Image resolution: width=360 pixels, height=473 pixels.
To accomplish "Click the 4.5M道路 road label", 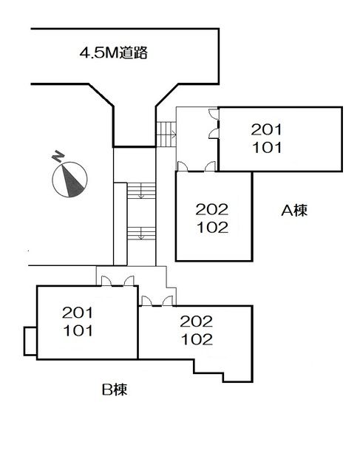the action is click(x=113, y=53).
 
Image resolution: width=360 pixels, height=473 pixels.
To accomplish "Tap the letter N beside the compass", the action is click(x=58, y=157).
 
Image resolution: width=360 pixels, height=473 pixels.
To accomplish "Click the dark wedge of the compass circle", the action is click(x=72, y=180).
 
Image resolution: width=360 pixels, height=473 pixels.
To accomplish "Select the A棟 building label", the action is click(x=294, y=210).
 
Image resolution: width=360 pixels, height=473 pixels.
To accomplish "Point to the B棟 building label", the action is click(x=115, y=389).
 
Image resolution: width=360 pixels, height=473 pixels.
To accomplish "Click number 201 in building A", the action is click(x=266, y=130).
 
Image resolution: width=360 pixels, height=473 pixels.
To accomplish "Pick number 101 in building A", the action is click(x=267, y=148).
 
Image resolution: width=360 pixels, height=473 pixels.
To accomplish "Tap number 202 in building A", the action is click(x=212, y=210).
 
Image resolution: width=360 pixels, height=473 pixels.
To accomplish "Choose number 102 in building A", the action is click(x=212, y=228).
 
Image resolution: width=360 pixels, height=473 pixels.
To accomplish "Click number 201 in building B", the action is click(x=78, y=313).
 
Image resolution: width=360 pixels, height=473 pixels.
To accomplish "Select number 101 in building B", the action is click(x=78, y=330).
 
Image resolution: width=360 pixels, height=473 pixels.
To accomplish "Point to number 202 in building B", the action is click(x=197, y=322).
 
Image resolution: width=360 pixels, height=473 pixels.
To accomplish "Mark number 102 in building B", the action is click(x=197, y=340).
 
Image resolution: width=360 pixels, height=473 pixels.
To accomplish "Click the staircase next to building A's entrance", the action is click(x=166, y=135).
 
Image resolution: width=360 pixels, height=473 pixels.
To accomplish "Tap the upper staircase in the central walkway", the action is click(x=141, y=191).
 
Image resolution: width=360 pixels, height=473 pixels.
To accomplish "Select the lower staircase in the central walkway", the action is click(x=141, y=234).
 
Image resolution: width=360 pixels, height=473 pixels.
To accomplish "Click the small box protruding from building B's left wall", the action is click(x=30, y=341).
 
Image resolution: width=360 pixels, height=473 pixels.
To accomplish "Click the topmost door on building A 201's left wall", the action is click(x=214, y=114).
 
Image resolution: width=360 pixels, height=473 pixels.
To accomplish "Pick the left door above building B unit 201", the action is click(x=106, y=281).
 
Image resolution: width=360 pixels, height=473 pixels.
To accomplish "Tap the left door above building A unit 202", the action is click(x=183, y=167).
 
